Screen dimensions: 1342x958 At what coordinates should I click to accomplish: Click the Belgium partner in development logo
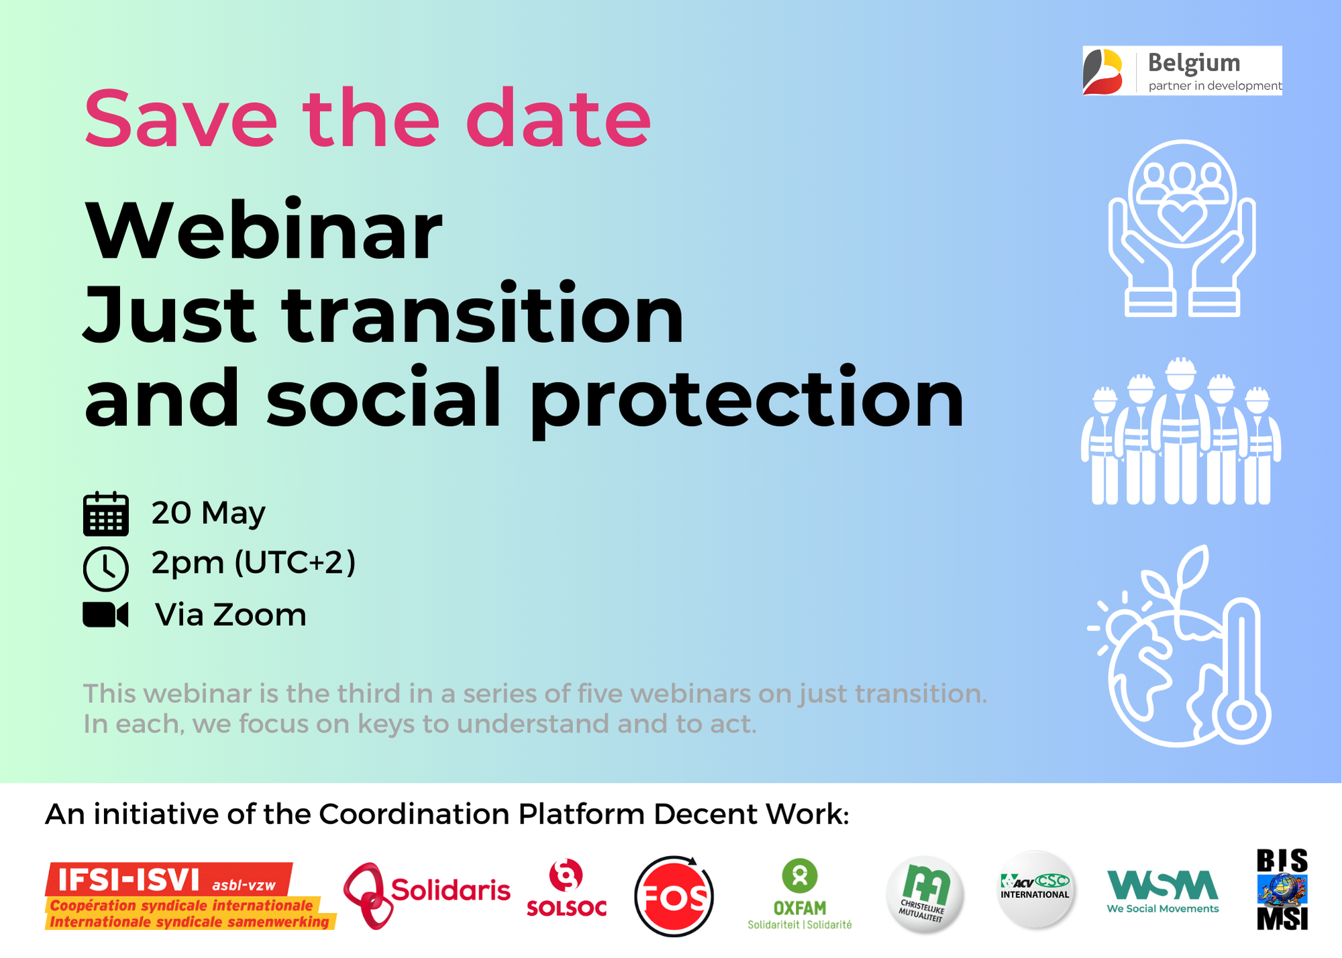[1182, 70]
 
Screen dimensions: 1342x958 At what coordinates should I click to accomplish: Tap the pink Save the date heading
[368, 119]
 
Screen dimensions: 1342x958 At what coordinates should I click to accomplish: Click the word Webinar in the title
[263, 229]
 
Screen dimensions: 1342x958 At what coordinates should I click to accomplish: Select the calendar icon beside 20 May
[106, 514]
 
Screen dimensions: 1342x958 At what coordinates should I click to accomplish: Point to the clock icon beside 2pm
[106, 568]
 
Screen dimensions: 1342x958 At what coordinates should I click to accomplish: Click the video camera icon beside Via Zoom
[105, 615]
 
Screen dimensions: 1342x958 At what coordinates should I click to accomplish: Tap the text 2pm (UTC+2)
[254, 562]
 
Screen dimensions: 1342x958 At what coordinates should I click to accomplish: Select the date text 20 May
[209, 514]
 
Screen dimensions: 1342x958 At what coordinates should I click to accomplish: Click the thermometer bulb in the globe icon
[1241, 715]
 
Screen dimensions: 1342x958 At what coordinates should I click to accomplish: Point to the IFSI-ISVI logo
[191, 896]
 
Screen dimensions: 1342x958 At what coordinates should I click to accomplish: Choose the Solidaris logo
[427, 895]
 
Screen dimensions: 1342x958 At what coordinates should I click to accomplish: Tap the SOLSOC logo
[566, 889]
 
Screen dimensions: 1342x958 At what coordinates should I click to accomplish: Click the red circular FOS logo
[674, 896]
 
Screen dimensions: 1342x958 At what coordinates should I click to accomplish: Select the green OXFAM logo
[800, 894]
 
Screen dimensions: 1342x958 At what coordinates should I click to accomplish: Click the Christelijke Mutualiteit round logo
[925, 894]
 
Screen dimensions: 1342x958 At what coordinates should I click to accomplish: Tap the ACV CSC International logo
[1035, 890]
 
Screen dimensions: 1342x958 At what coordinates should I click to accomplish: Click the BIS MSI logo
[1282, 890]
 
